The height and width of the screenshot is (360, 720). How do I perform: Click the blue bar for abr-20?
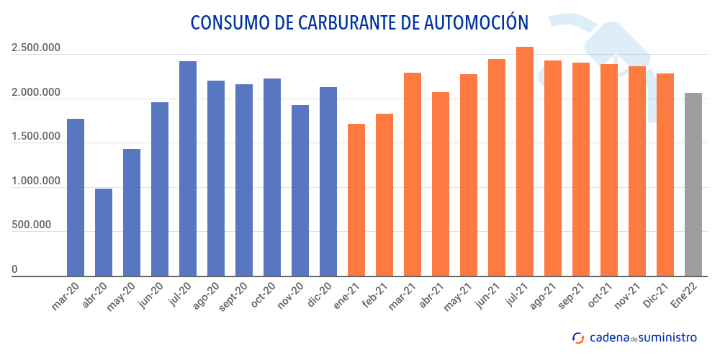pyautogui.click(x=104, y=232)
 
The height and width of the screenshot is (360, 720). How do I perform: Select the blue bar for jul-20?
pyautogui.click(x=188, y=168)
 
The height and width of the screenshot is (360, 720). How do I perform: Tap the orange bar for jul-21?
pyautogui.click(x=525, y=161)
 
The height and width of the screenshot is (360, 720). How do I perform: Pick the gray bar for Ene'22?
pyautogui.click(x=693, y=184)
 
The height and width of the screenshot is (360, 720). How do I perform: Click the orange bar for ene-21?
pyautogui.click(x=356, y=199)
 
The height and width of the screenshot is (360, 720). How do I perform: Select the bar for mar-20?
pyautogui.click(x=76, y=197)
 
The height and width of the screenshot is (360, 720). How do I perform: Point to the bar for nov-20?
pyautogui.click(x=300, y=190)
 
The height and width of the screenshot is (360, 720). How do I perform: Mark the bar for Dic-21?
pyautogui.click(x=665, y=174)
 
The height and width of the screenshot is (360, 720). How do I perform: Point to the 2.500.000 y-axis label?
pyautogui.click(x=36, y=49)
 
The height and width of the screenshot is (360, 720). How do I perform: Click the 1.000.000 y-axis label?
pyautogui.click(x=36, y=181)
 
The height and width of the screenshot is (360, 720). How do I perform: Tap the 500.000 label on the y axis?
pyautogui.click(x=31, y=225)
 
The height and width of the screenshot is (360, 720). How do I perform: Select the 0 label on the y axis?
pyautogui.click(x=14, y=270)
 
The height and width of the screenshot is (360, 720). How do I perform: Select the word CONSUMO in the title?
pyautogui.click(x=227, y=22)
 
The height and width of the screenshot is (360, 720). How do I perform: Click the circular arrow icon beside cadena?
pyautogui.click(x=577, y=337)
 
